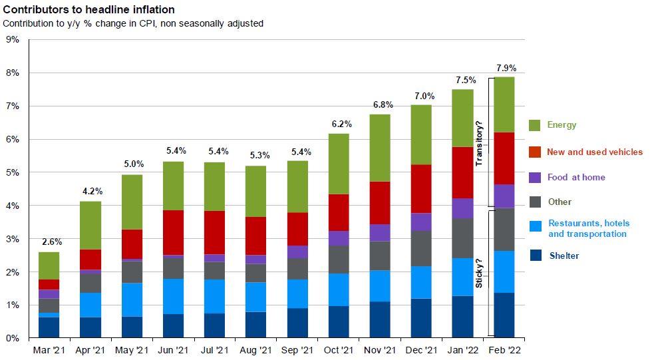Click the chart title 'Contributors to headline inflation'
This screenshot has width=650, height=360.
tap(89, 10)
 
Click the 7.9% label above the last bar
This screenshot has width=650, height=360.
tap(506, 68)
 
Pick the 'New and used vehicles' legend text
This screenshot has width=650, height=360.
tap(594, 152)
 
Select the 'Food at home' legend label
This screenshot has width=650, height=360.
tap(575, 178)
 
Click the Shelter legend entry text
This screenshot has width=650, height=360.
tap(564, 256)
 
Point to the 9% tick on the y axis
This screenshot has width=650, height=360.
tap(12, 40)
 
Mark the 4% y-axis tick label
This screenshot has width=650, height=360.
tap(12, 206)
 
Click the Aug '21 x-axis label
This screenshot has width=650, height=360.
tap(256, 350)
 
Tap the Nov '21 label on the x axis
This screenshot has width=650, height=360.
tap(381, 350)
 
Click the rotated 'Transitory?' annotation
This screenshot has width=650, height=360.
tap(479, 142)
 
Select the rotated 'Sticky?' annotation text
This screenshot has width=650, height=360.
tap(479, 273)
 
